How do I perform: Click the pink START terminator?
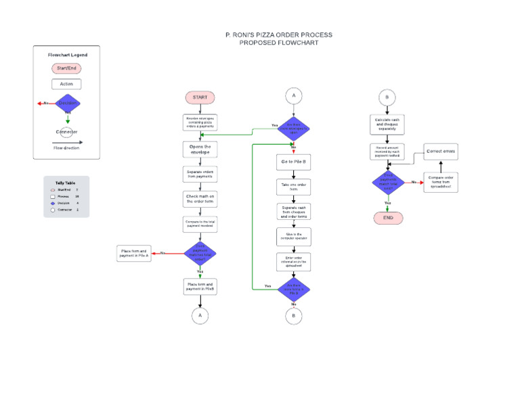pos(200,97)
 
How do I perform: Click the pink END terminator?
pos(388,218)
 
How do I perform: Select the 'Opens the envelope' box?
pos(200,149)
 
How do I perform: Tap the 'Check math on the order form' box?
pos(200,198)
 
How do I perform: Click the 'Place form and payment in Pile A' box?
pos(134,254)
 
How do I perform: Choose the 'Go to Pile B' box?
pos(294,162)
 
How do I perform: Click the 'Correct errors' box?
pos(441,152)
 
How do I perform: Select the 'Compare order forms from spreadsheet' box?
pos(441,182)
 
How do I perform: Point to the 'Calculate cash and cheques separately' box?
pos(387,122)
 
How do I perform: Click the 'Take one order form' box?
pos(294,186)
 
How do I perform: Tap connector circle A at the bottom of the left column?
pos(200,315)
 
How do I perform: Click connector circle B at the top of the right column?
pos(387,97)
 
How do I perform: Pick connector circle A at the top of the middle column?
pos(294,96)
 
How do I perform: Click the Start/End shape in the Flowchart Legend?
pos(66,68)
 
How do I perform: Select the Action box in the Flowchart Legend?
pos(66,84)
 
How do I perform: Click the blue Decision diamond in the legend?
pos(67,103)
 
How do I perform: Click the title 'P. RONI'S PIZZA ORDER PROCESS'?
pos(278,34)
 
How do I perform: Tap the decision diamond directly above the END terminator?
pos(388,182)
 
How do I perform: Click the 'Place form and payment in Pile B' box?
pos(200,287)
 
